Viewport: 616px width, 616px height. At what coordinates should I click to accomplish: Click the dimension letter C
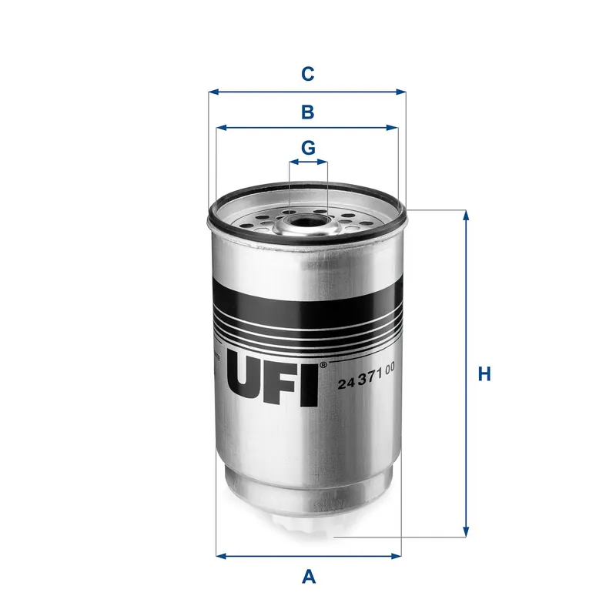(x=307, y=74)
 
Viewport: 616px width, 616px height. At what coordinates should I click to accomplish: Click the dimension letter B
(x=307, y=112)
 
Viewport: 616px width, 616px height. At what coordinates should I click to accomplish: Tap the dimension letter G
(x=308, y=146)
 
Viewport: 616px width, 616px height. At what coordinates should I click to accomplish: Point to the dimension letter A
(x=309, y=575)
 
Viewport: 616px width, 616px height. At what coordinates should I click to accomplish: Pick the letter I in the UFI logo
(x=310, y=382)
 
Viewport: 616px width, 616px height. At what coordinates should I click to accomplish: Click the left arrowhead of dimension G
(x=292, y=162)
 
